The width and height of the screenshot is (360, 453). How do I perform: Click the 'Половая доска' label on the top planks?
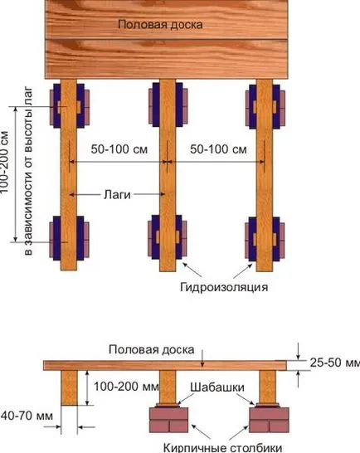(160, 24)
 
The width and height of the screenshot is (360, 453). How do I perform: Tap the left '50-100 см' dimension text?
(119, 149)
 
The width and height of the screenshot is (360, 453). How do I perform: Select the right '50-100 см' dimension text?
(218, 149)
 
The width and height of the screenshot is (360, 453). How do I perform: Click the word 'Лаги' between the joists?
(117, 195)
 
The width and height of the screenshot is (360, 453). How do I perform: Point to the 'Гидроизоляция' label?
(224, 287)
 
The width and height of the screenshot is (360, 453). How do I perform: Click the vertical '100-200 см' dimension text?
(5, 163)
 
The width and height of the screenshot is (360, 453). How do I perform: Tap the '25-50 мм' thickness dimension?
(335, 363)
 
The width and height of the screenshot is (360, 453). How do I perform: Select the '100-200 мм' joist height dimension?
(126, 387)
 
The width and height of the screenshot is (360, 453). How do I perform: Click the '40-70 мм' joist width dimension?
(27, 416)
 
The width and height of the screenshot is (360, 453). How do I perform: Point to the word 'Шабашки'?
(217, 387)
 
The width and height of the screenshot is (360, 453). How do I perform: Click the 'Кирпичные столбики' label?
(222, 448)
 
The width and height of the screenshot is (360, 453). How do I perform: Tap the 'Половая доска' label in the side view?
(152, 349)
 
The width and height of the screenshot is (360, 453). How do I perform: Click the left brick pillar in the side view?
(168, 420)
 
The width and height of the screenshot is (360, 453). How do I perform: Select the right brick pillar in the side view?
(269, 420)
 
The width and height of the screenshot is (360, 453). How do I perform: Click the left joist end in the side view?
(70, 387)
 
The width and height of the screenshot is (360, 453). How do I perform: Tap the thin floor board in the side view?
(165, 365)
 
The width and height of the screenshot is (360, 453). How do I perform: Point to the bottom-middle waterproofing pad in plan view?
(167, 237)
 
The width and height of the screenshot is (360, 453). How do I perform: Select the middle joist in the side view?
(168, 387)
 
